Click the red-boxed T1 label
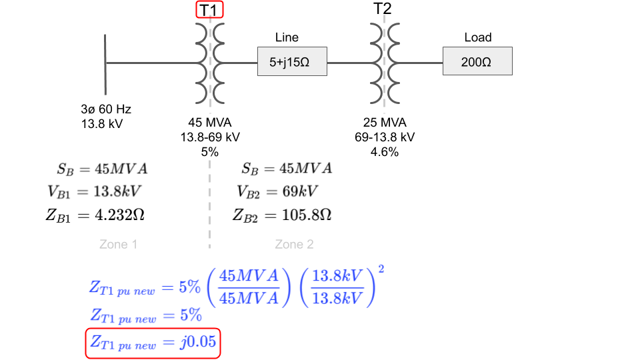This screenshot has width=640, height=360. pos(209,10)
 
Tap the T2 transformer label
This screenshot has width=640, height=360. pos(383,9)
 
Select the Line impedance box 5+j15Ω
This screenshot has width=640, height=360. pos(292,61)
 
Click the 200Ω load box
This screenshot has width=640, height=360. pos(477,61)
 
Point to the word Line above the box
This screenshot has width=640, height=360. pos(287,37)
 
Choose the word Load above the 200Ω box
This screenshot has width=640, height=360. pos(478,37)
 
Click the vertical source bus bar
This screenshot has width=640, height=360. pos(105,65)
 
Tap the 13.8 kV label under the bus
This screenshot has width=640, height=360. pos(101,124)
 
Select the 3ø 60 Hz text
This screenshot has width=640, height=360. pos(106,109)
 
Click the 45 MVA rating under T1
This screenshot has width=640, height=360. pos(210,123)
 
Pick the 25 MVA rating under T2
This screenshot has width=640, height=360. pos(385,123)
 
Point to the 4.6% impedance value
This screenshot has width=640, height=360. pos(385,152)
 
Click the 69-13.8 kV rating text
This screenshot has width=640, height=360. pos(385,137)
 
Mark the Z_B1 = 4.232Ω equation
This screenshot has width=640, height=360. pos(95,215)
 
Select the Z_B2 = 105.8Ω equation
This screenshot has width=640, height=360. pos(282,215)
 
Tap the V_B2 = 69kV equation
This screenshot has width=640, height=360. pos(277,191)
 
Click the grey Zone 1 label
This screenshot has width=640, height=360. pos(119,244)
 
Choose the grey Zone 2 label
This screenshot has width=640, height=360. pos(294,244)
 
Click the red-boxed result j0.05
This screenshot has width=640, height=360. pos(153,343)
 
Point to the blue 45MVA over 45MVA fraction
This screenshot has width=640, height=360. pos(249,287)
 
